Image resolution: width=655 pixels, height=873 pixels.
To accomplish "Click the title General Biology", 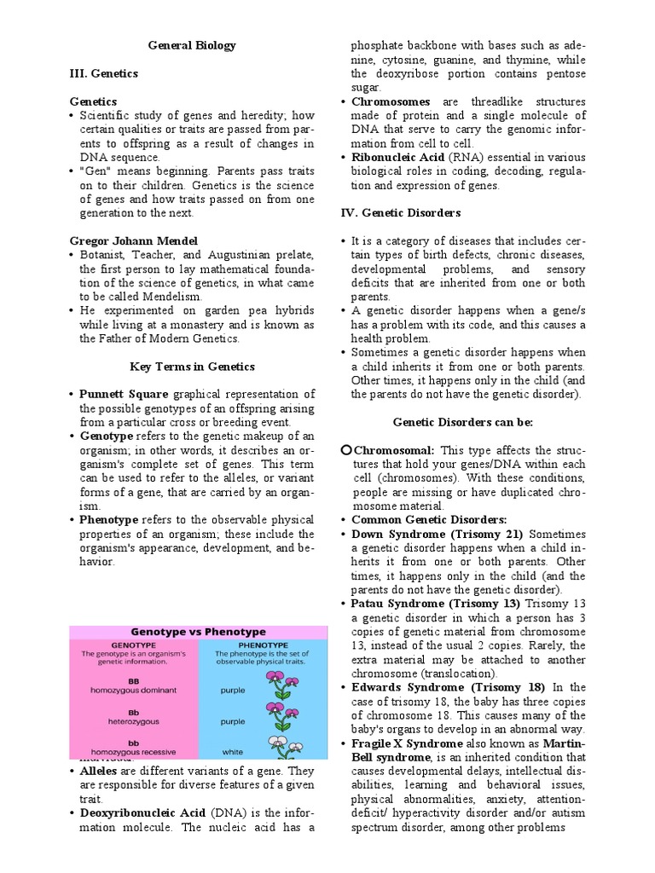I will coord(193,45).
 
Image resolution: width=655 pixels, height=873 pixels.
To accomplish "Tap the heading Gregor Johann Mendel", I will coord(133,241).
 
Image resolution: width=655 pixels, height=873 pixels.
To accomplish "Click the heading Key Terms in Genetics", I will coord(192,367).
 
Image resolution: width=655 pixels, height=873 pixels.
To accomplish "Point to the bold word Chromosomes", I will coord(391,101).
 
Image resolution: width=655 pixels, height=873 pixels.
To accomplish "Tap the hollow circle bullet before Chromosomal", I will coord(345,449).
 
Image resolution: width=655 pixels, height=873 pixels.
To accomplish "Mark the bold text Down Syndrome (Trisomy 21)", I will coord(438,533).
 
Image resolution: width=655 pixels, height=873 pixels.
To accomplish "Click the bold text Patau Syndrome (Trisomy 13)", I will coord(438,603).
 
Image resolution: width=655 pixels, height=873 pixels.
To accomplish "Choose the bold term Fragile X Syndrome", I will coord(404,743).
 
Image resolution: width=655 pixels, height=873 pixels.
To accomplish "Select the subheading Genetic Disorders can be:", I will coord(463,422).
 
